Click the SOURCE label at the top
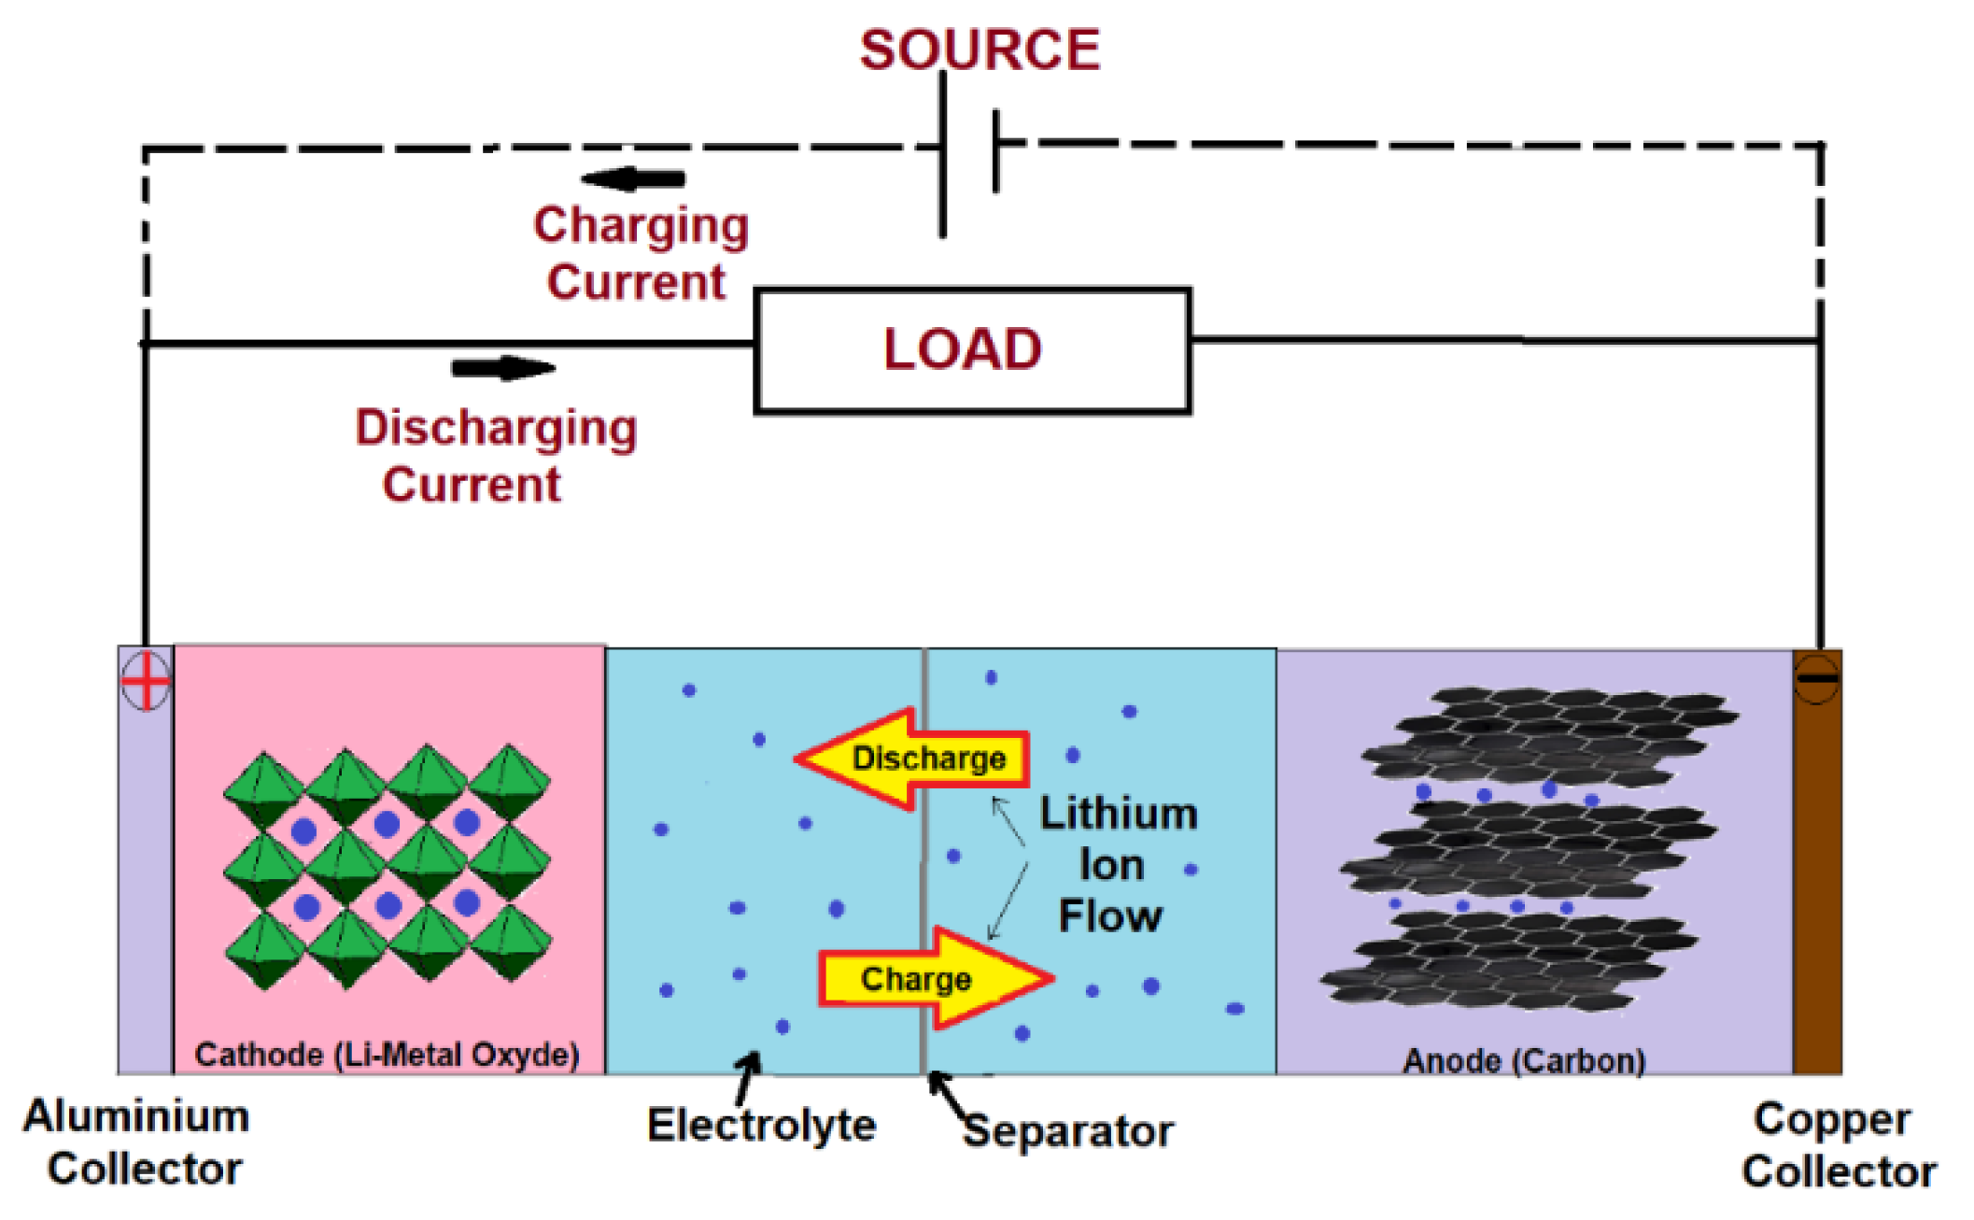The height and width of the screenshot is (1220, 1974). point(980,50)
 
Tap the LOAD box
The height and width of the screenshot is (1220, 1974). point(972,350)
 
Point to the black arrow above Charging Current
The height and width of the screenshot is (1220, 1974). point(633,177)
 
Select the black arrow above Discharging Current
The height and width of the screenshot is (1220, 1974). point(503,368)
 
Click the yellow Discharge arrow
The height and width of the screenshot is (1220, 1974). point(912,759)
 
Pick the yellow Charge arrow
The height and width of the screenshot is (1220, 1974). point(937,978)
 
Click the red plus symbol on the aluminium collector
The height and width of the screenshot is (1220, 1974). point(146,680)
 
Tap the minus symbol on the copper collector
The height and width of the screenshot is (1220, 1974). point(1817,678)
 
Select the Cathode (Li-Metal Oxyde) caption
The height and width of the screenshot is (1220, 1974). point(387,1055)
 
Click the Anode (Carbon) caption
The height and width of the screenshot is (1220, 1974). point(1524,1060)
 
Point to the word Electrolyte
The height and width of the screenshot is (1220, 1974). point(761,1125)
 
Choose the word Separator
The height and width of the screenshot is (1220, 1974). point(1068,1130)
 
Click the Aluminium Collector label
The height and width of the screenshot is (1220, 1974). point(138,1142)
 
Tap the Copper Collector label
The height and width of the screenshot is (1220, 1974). point(1839,1144)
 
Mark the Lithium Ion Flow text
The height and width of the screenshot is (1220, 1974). point(1118,865)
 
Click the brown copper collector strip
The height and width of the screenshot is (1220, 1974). point(1817,861)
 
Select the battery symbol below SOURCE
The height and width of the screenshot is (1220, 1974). point(970,154)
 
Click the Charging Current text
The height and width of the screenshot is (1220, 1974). point(641,253)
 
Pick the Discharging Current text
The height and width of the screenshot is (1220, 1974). point(496,456)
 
